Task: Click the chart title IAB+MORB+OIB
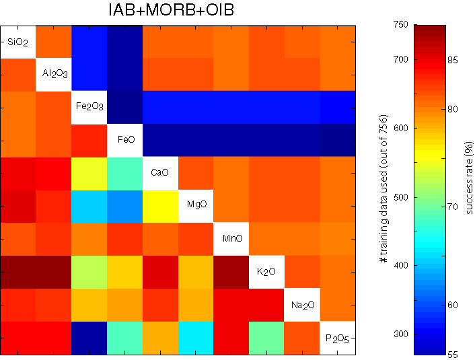177,11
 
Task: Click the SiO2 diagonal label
17,42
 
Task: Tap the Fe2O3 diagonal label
89,106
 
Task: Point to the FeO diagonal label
124,139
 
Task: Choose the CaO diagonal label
159,172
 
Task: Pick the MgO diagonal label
195,205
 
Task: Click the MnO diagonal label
231,238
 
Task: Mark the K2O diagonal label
266,271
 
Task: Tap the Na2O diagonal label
301,305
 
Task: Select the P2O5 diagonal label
337,338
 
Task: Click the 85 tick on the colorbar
452,61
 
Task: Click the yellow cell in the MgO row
159,206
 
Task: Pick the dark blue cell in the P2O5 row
89,338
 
